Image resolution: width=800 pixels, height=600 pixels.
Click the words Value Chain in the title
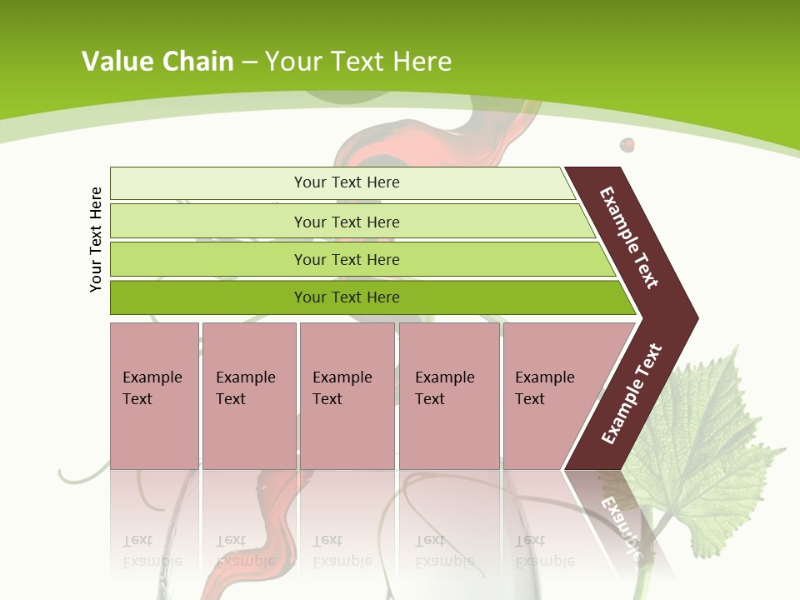157,62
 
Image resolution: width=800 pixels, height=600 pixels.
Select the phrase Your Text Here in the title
358,62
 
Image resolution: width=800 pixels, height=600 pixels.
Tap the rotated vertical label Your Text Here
96,239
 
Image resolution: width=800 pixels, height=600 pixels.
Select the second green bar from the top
346,222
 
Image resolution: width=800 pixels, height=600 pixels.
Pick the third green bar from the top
346,259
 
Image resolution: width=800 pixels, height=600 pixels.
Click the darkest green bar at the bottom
346,297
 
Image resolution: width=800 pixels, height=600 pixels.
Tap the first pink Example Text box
154,395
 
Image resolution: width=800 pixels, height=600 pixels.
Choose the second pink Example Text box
248,395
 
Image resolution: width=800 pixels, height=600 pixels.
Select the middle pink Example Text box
347,395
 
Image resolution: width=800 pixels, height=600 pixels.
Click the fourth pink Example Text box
448,395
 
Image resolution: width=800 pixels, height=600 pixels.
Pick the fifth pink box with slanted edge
550,395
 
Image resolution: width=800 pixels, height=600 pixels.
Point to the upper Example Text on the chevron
630,238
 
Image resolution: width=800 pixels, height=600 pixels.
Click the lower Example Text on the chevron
632,394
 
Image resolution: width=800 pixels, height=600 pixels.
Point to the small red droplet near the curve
627,146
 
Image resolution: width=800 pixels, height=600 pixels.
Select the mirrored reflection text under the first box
152,550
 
